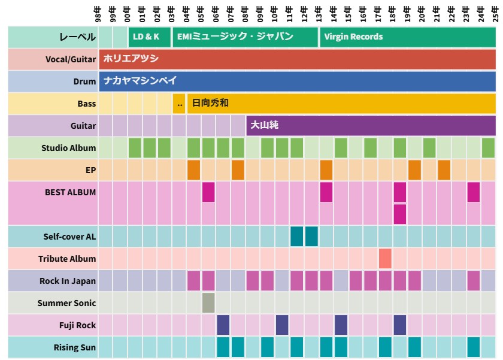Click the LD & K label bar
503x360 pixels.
coord(149,37)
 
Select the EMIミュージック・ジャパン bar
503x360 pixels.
coord(246,37)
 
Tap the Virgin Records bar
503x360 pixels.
coord(407,37)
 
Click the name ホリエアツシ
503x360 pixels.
coord(131,59)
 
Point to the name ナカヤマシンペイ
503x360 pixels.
coord(140,81)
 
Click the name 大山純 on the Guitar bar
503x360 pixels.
coord(264,126)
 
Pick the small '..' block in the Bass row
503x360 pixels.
coord(179,104)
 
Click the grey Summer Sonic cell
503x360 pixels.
coord(208,302)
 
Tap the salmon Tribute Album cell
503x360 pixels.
coord(385,259)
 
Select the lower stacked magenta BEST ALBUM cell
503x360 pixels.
coord(400,214)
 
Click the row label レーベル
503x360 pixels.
coord(77,37)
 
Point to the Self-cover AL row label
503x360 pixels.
coord(69,237)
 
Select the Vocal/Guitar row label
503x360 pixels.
coord(71,59)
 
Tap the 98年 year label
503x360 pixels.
coord(98,13)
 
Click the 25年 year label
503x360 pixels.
coord(495,13)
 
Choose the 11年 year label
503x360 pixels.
coord(289,13)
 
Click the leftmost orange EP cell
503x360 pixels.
coord(193,170)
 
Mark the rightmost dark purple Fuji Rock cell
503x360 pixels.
coord(400,325)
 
